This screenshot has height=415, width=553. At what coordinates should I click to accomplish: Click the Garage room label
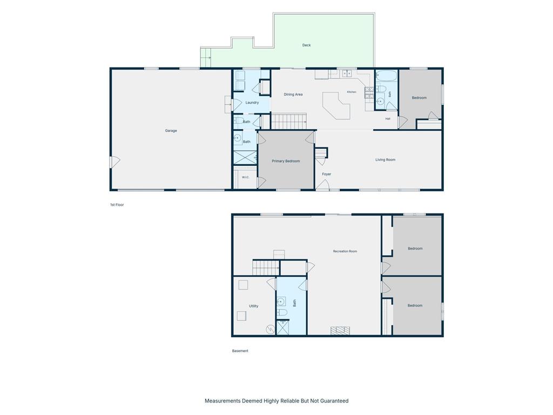point(171,131)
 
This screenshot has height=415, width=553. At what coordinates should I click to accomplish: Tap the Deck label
point(307,45)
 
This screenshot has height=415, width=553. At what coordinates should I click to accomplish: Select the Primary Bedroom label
point(286,161)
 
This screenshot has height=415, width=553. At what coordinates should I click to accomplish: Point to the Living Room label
point(385,159)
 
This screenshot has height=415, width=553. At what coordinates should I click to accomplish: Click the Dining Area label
point(293,94)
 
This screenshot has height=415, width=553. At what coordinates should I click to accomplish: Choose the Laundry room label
point(252,102)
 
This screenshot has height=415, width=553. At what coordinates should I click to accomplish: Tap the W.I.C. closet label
point(246,177)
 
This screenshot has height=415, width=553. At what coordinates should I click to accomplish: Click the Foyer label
point(327,174)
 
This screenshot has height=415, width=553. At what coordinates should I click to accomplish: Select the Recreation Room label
point(345,251)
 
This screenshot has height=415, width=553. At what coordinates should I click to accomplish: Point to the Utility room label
point(254,306)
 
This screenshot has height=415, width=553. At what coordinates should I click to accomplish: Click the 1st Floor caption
point(117,205)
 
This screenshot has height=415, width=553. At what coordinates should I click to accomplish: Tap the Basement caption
point(240,351)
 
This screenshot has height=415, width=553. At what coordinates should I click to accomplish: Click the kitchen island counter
point(336,105)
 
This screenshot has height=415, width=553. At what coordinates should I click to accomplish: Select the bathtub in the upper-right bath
point(387,76)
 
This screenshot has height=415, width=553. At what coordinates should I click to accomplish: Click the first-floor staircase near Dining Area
point(288,121)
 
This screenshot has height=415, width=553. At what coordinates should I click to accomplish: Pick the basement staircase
point(266,267)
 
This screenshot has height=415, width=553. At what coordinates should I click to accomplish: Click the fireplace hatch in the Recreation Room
point(340,331)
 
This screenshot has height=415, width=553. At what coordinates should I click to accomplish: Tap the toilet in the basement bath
point(282,312)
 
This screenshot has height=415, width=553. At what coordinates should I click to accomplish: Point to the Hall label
point(388,118)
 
